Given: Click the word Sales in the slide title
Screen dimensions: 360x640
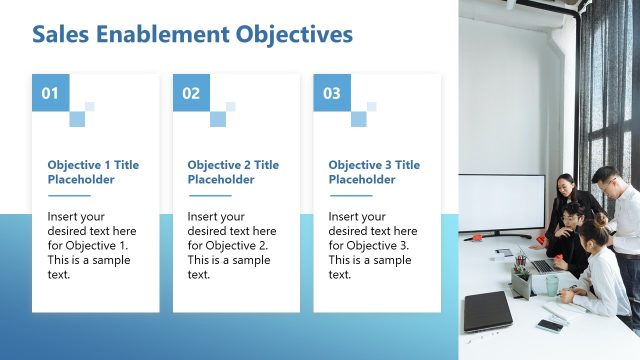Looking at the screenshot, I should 61,35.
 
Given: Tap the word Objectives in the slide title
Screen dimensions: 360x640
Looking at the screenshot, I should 294,35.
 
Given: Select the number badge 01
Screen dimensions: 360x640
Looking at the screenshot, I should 50,94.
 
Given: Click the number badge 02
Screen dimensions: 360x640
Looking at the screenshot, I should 191,94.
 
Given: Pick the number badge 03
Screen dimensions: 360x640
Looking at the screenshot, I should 332,94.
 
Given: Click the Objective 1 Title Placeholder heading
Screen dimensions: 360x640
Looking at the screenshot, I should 93,172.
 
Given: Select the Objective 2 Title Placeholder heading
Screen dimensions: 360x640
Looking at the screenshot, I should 233,172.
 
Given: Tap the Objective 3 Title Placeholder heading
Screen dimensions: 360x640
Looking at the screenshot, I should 374,172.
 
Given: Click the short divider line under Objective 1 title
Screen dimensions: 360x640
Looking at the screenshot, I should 68,196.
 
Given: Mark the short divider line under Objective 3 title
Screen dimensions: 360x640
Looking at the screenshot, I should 349,196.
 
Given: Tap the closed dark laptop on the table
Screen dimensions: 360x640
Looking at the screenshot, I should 487,311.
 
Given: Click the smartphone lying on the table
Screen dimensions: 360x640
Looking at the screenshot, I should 549,325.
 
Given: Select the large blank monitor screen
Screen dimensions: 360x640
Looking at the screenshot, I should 501,203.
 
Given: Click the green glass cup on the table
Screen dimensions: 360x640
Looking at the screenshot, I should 552,285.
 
